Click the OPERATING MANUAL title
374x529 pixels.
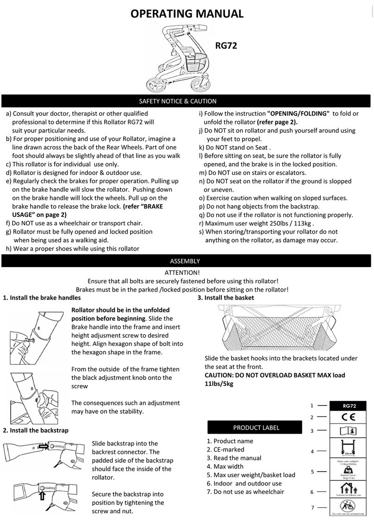[187, 13]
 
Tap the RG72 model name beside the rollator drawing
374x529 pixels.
[226, 45]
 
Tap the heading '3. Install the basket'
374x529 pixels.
[225, 298]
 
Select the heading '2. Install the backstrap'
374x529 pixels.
[36, 430]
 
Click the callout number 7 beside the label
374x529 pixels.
[312, 508]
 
